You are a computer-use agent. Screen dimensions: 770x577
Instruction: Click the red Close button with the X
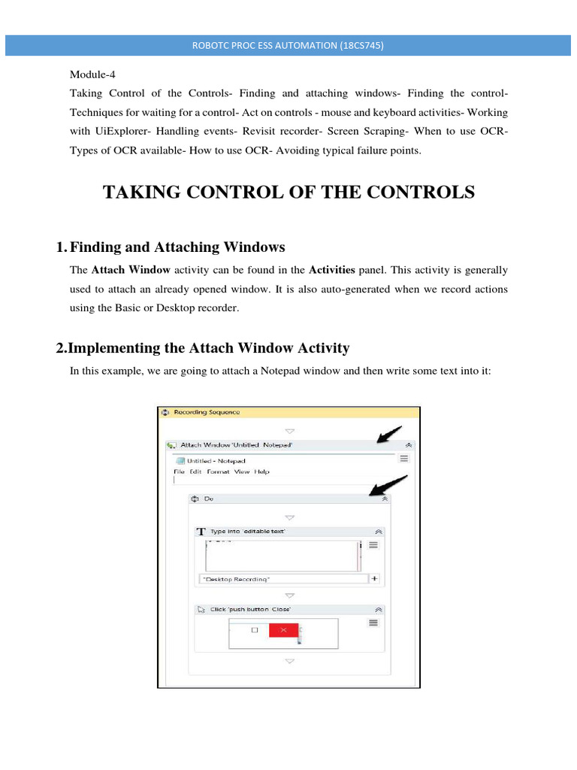tap(283, 630)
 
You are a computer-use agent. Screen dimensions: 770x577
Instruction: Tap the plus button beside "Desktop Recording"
tap(374, 578)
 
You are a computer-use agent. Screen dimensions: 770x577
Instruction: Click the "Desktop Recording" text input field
tap(284, 579)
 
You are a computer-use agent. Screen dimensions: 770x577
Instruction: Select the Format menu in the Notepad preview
tap(219, 471)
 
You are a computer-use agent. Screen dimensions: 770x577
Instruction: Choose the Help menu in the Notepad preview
tap(261, 471)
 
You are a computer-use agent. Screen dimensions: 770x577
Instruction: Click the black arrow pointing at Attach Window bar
tap(390, 434)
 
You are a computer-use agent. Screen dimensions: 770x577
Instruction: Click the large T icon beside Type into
tap(201, 532)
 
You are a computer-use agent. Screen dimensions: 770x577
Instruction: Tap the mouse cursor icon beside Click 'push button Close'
tap(201, 609)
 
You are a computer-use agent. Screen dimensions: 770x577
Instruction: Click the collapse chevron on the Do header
tap(385, 498)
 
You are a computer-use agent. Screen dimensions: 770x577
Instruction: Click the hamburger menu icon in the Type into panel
tap(373, 545)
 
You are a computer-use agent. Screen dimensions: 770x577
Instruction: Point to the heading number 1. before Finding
tap(62, 247)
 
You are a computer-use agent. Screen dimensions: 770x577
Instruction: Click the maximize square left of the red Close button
tap(255, 630)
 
